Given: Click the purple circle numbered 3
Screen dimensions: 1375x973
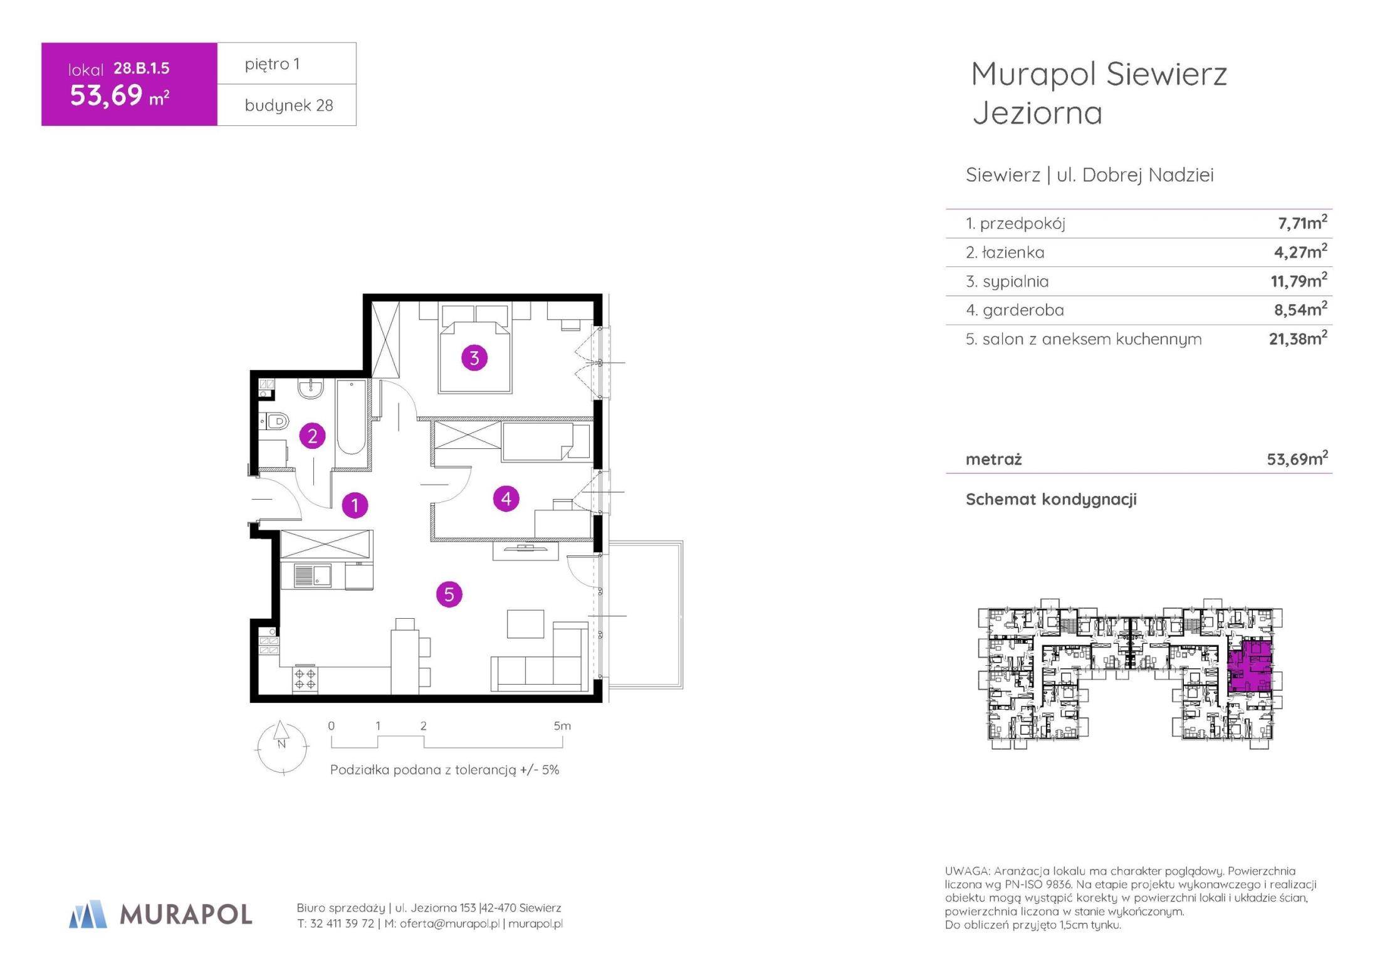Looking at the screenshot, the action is (474, 358).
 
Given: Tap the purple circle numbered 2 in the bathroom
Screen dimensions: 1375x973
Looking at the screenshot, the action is (312, 436).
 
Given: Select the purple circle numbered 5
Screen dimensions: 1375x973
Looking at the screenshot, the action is (449, 594).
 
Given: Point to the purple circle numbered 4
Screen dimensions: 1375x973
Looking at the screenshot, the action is (506, 498).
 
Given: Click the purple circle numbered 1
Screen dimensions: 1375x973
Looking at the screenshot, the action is (355, 505).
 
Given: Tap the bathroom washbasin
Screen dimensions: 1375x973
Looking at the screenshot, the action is (310, 389).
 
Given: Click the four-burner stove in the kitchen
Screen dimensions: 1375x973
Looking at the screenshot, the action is (305, 679).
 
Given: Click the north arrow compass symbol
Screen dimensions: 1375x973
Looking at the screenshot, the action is (282, 746).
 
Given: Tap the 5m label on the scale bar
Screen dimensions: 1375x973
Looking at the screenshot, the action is (562, 726).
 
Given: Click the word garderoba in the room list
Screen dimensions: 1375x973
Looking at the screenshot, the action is (1015, 310).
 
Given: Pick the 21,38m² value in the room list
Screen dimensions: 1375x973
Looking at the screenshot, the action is (1298, 338).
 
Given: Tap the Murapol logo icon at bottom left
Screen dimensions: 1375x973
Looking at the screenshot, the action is (88, 914).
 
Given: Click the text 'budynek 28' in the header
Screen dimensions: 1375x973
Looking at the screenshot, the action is (289, 105).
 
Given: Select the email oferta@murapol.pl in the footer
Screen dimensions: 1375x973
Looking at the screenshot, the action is (449, 923).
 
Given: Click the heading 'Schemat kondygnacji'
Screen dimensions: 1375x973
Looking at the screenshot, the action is (1051, 500).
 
